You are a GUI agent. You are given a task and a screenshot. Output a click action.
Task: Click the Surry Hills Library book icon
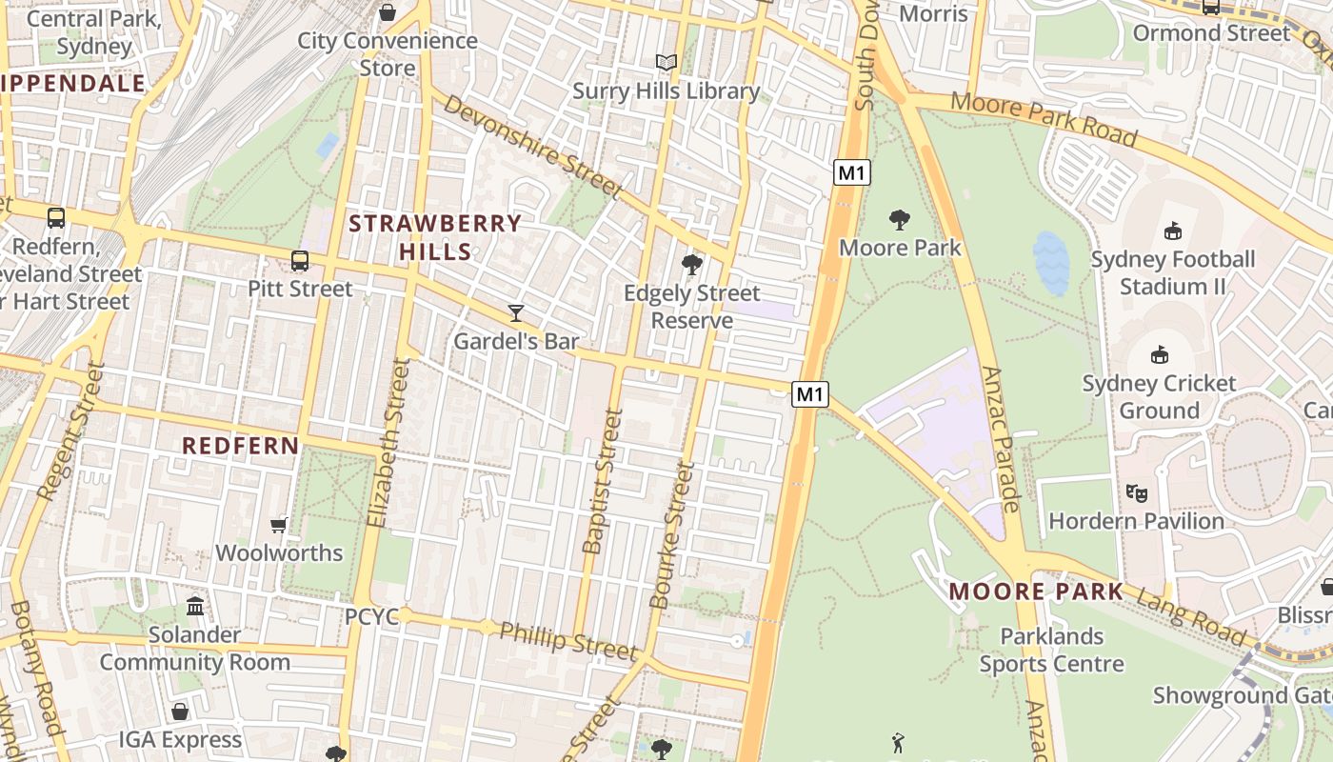(666, 63)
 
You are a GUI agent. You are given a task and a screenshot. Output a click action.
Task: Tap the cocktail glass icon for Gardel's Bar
(516, 312)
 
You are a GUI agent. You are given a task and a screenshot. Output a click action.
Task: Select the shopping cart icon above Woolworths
(279, 525)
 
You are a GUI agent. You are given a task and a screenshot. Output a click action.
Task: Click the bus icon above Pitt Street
(300, 260)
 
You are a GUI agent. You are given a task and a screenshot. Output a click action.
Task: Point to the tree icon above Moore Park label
(899, 220)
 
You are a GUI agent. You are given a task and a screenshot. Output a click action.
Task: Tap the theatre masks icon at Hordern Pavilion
(1136, 492)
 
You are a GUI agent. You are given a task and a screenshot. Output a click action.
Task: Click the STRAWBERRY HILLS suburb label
(435, 237)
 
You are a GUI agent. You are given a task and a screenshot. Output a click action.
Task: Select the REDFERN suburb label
(241, 445)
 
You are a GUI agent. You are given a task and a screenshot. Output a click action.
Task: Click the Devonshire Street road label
(532, 148)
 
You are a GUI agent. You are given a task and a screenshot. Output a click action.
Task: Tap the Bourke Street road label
(672, 534)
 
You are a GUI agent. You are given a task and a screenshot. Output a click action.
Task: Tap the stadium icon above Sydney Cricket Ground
(1159, 355)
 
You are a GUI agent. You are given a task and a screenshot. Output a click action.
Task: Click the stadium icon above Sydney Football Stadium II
(1173, 231)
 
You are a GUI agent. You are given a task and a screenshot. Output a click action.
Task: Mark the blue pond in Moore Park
(1050, 262)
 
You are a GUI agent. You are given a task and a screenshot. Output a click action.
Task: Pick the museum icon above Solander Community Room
(195, 606)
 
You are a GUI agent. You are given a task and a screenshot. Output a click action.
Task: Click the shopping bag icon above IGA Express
(180, 712)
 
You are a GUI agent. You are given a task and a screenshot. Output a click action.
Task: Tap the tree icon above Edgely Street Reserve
(692, 264)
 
